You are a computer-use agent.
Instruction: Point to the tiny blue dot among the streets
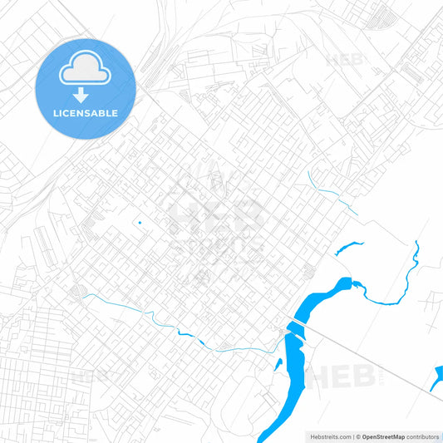(140, 222)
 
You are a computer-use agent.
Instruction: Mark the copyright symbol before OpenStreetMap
(357, 436)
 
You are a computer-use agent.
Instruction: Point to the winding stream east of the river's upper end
(391, 287)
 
